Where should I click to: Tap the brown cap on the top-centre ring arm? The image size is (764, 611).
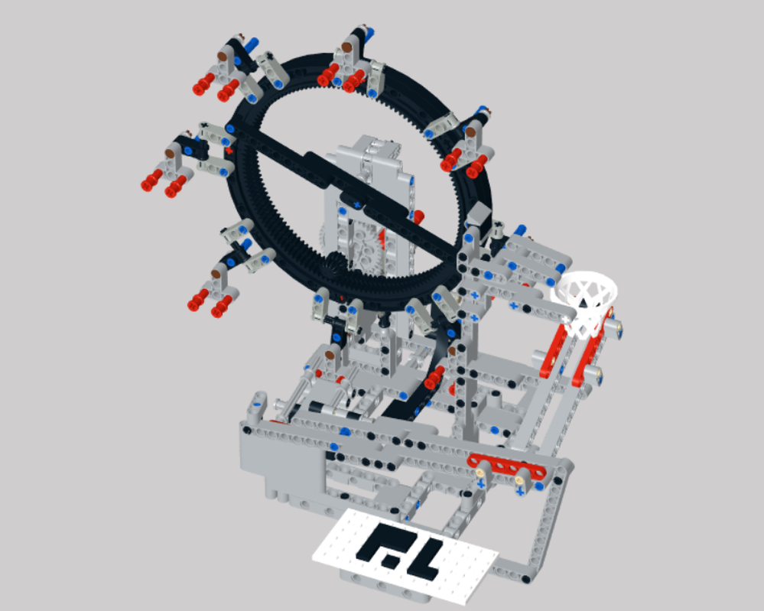coord(346,47)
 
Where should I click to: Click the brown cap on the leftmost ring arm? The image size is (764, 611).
coord(169,154)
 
